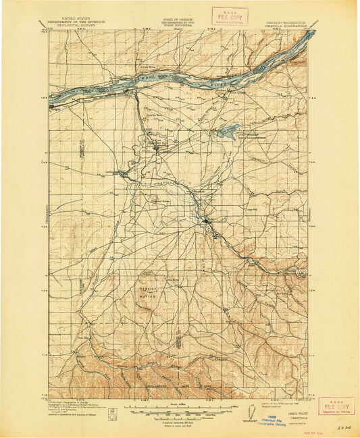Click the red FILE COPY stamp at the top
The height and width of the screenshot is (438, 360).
230,16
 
